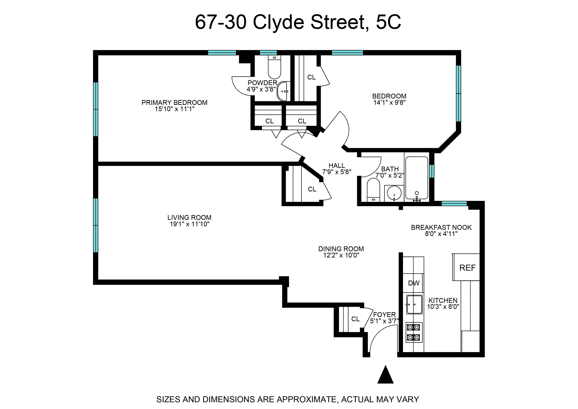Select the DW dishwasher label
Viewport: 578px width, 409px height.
(x=413, y=283)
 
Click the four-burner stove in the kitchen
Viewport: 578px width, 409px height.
(x=414, y=332)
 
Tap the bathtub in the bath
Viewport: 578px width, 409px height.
(x=417, y=178)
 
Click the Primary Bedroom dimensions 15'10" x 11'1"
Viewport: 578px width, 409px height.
(x=175, y=109)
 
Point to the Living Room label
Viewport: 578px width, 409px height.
(x=189, y=217)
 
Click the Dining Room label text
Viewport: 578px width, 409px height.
(x=341, y=249)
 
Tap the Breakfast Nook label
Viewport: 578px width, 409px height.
(x=441, y=227)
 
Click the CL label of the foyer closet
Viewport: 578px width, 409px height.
(x=355, y=319)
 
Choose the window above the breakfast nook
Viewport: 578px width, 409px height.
(x=454, y=204)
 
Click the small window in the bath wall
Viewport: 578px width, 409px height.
(x=432, y=171)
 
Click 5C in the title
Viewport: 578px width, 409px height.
(x=388, y=22)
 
